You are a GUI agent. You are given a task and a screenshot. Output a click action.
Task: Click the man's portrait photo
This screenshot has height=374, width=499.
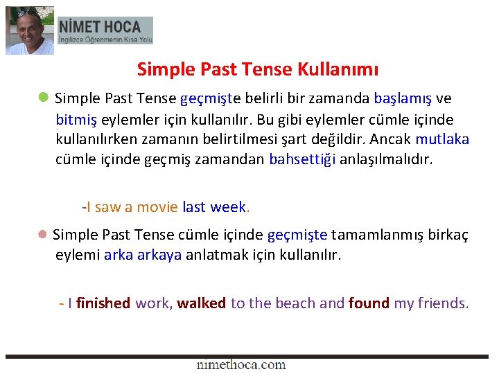[30, 30]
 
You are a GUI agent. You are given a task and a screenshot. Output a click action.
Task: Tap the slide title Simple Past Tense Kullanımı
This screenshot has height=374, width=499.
[258, 69]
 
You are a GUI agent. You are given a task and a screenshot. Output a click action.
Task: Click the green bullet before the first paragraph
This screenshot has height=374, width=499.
[43, 98]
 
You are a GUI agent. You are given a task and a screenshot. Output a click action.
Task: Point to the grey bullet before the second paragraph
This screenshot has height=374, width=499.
[43, 235]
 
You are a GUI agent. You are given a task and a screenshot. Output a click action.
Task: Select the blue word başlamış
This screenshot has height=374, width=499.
[402, 98]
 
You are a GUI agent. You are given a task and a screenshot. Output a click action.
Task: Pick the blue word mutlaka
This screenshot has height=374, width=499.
[442, 139]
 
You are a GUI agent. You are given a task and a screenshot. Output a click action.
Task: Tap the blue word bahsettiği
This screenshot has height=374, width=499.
[302, 159]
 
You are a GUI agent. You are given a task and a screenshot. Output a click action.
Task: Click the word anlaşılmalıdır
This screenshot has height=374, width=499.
[386, 159]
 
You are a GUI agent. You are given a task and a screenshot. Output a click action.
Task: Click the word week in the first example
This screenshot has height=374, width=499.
[228, 206]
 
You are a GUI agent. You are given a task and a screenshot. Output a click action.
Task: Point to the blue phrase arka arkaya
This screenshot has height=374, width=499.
[143, 254]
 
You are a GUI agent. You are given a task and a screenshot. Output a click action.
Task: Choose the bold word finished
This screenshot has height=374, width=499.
[104, 303]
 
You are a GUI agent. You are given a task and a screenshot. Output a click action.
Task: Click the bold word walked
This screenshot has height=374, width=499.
[201, 303]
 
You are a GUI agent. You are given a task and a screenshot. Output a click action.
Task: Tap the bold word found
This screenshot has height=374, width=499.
[369, 303]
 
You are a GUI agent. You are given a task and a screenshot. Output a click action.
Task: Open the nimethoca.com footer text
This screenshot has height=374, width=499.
[240, 364]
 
